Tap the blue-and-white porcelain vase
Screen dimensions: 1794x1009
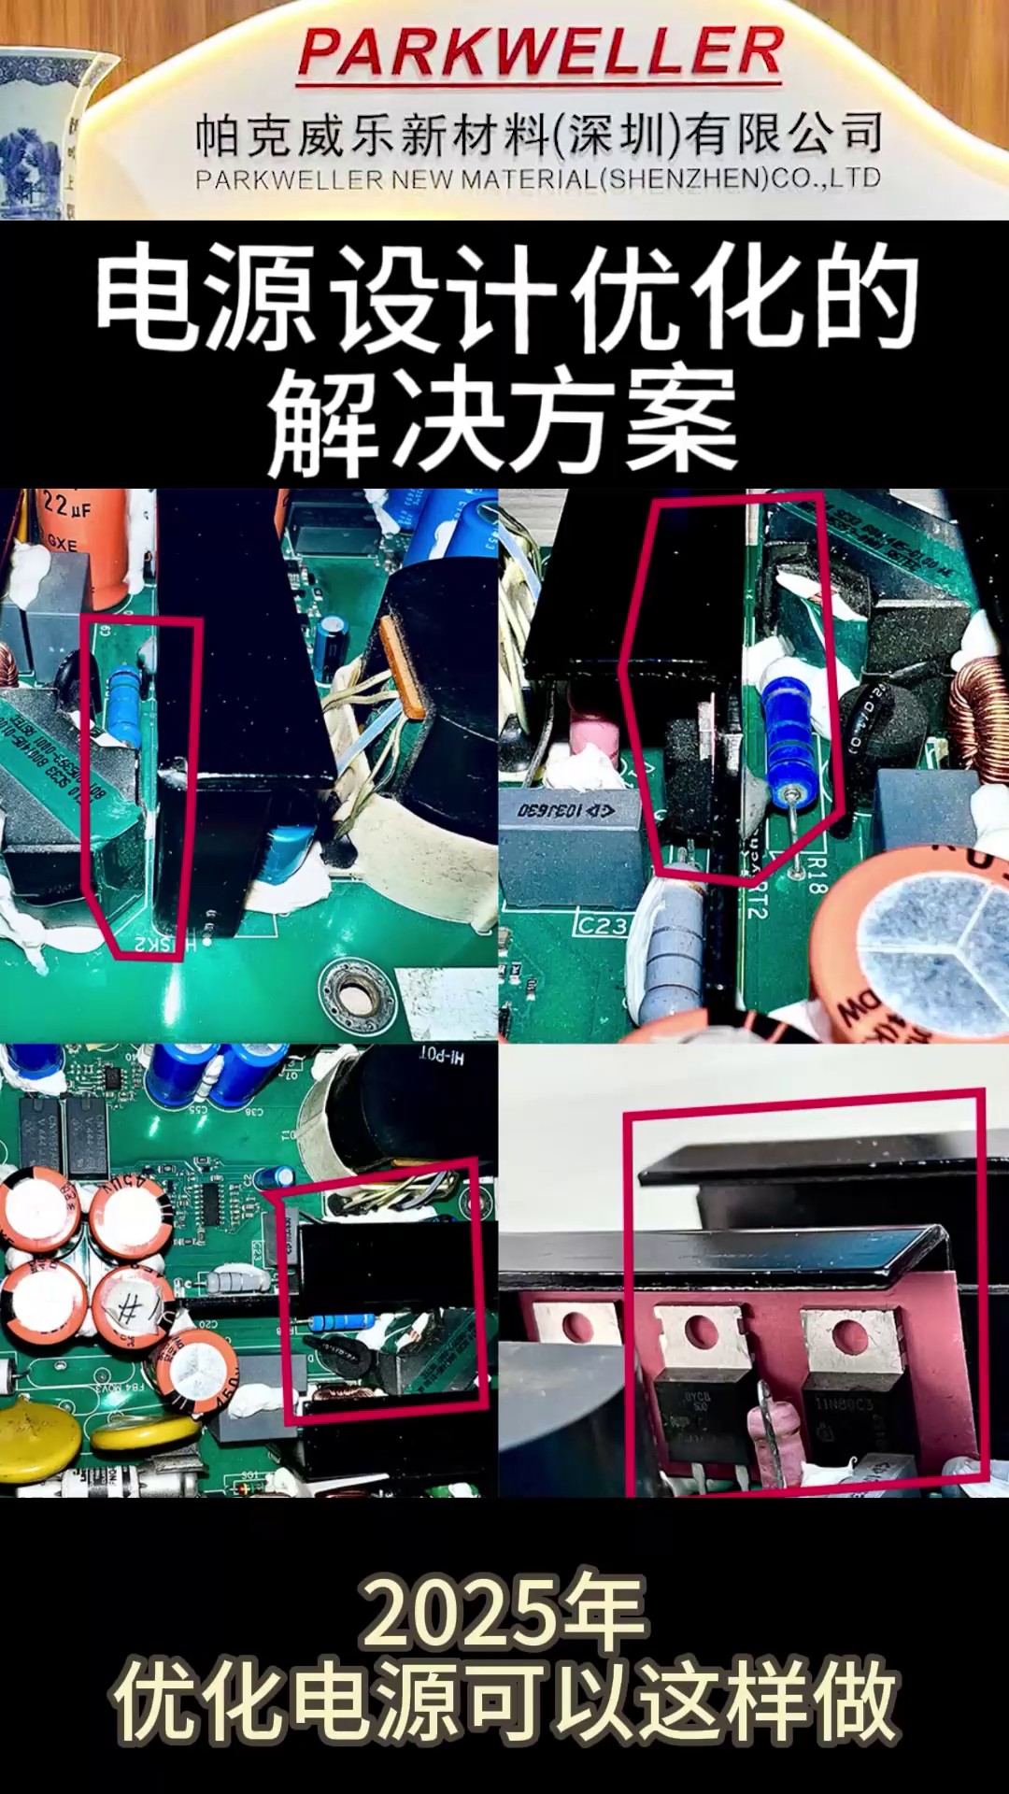(x=42, y=131)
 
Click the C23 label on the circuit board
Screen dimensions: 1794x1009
(x=600, y=925)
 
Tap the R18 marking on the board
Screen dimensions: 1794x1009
(x=817, y=874)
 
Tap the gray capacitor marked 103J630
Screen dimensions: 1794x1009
(x=567, y=810)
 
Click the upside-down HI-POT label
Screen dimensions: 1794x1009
(x=441, y=1058)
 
